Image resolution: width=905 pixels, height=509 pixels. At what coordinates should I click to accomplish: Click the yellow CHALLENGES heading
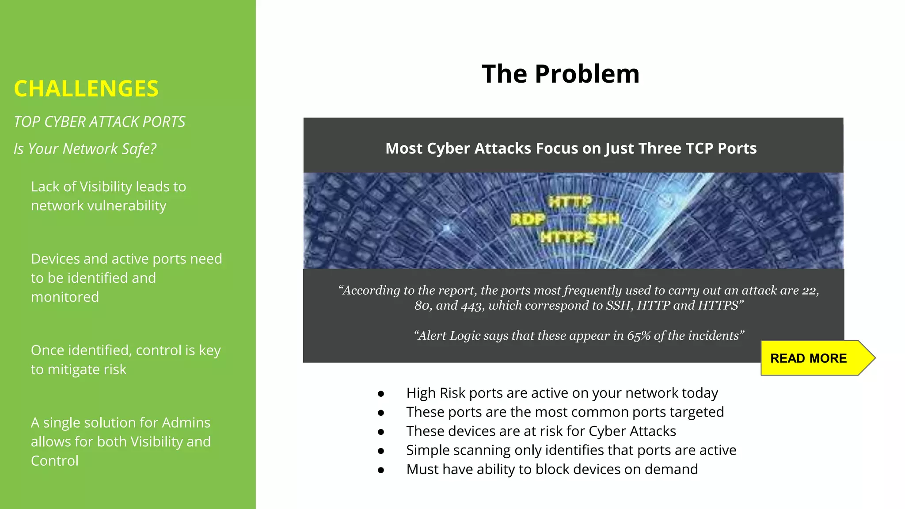point(86,89)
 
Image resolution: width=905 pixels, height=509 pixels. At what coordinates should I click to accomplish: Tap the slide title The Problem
point(560,74)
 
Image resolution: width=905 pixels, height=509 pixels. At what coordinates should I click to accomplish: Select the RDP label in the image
point(528,219)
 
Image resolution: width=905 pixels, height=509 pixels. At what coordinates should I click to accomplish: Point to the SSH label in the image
point(604,219)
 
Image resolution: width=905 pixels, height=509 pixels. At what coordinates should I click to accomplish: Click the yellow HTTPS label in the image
point(567,238)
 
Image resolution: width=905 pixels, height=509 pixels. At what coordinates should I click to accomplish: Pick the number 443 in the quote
point(472,306)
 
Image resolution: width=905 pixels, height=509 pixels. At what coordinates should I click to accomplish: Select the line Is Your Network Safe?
point(85,149)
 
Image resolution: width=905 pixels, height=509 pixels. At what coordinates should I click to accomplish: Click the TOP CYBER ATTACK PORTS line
point(99,122)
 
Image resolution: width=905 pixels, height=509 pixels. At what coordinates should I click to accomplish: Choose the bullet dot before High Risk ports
point(381,394)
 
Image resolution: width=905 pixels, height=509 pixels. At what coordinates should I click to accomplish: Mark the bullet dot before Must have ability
point(381,470)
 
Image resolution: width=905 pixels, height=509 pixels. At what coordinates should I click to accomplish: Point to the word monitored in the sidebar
point(65,297)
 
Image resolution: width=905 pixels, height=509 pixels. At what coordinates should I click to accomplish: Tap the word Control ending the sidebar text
point(55,461)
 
